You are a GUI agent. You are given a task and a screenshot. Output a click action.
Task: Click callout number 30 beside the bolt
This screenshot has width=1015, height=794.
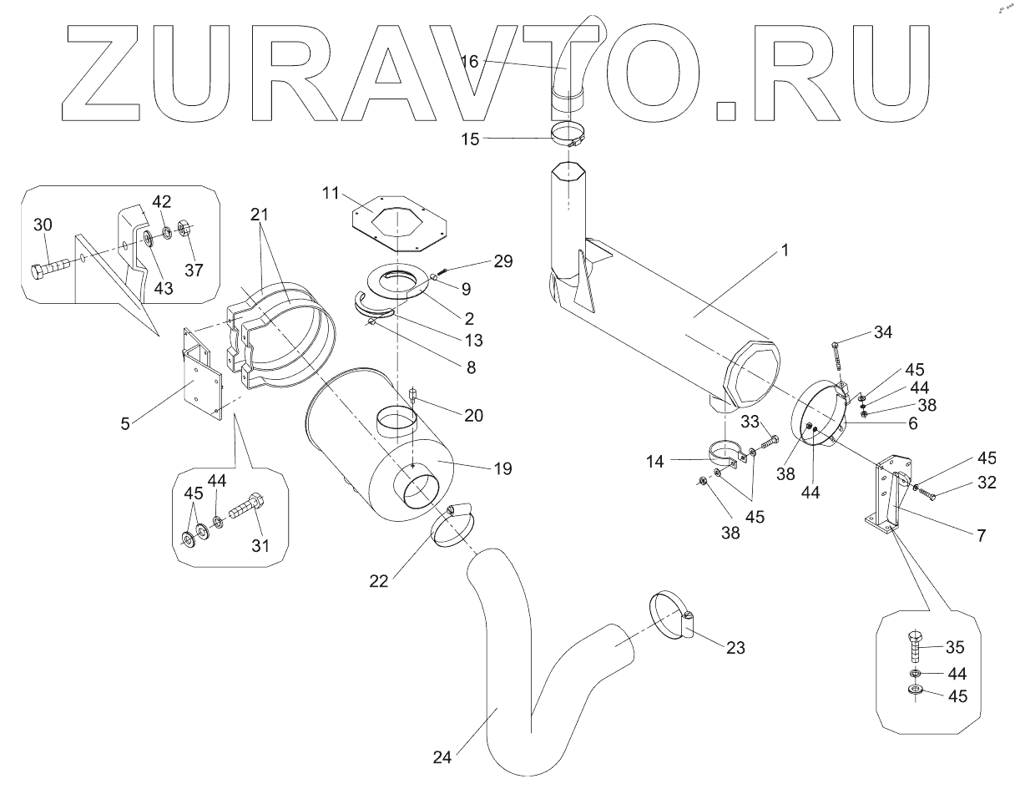tap(44, 225)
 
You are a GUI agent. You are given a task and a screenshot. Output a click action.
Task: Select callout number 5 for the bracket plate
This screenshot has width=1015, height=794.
tap(124, 423)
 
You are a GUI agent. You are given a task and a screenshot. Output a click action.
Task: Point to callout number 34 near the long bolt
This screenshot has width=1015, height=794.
tap(883, 333)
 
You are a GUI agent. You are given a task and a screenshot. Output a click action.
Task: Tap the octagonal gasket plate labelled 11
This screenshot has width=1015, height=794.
tap(397, 220)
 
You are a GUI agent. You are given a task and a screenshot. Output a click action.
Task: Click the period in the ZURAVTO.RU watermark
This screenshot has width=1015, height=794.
tap(727, 112)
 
